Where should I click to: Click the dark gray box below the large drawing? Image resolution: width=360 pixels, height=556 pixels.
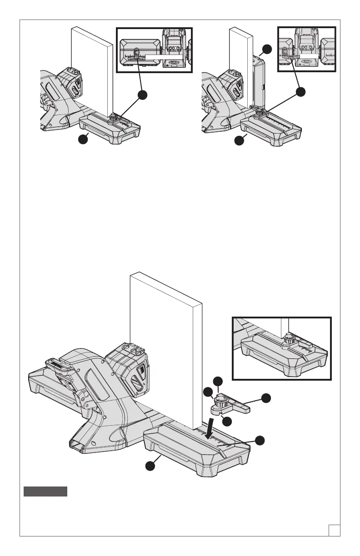(x=45, y=491)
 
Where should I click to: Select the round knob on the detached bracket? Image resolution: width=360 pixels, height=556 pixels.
(x=222, y=402)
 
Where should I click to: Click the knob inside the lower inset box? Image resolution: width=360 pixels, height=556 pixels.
(x=289, y=337)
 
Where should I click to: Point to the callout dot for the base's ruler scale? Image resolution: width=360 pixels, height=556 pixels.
(x=259, y=440)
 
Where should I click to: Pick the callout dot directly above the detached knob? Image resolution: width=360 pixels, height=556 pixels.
(x=218, y=381)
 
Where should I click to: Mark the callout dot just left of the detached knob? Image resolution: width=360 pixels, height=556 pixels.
(x=207, y=392)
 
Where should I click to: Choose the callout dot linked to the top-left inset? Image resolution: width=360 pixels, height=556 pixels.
(x=143, y=94)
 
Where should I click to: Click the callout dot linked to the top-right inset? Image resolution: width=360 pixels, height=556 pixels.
(x=300, y=92)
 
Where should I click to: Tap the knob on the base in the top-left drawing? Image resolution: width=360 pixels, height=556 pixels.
(x=112, y=119)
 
